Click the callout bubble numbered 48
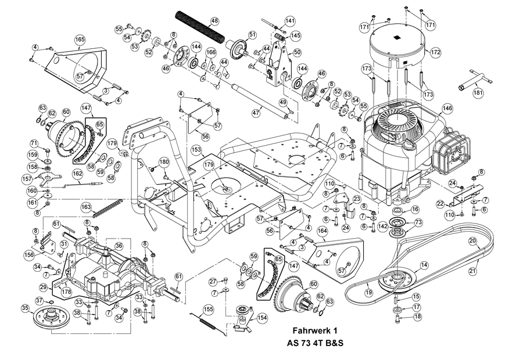pos(214,21)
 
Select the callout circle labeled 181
pos(478,93)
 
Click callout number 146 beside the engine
pos(447,109)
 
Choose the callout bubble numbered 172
pos(435,52)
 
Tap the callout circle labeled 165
pos(80,39)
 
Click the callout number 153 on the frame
pos(197,150)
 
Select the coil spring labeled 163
pos(107,208)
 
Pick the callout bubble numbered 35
pos(26,308)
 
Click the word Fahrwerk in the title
pos(311,330)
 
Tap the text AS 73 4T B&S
pos(315,343)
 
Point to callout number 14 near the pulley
pos(424,265)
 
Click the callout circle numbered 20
pos(472,241)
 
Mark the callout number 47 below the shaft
pos(256,113)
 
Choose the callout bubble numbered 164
pos(322,231)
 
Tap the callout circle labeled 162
pos(78,174)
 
